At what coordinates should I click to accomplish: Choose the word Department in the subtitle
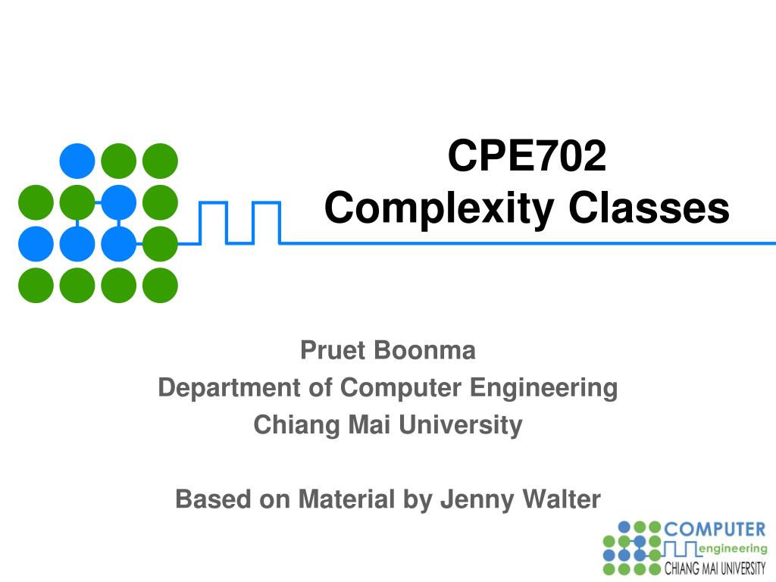click(x=230, y=387)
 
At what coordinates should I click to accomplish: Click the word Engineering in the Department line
click(x=543, y=387)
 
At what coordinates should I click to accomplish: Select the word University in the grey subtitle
click(x=461, y=424)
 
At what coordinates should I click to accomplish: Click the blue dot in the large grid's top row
click(x=77, y=161)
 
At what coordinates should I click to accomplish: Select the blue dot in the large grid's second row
click(x=118, y=202)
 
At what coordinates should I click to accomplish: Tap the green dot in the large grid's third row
click(x=160, y=244)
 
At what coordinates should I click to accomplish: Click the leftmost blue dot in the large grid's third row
click(x=36, y=244)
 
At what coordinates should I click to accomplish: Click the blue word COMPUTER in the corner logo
click(x=715, y=529)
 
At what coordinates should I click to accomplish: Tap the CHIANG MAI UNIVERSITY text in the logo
click(x=715, y=568)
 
